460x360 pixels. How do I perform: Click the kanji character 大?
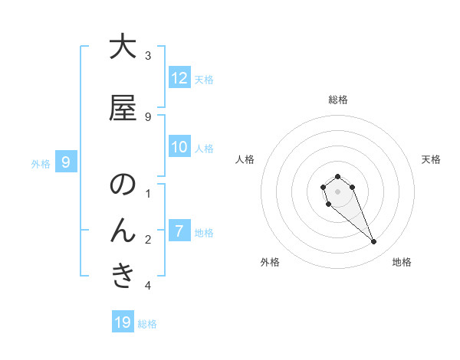[123, 47]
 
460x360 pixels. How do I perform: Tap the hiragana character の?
[123, 185]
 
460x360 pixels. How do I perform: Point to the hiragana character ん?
[123, 230]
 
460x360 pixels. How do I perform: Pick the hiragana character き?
[123, 275]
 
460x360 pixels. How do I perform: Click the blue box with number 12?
[179, 78]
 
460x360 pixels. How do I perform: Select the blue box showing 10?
[179, 147]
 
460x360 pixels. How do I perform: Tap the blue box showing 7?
[179, 230]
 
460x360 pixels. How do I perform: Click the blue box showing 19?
[123, 322]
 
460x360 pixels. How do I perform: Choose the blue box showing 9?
[67, 162]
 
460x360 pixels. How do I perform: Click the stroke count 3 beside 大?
[148, 55]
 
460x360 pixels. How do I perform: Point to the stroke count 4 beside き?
[148, 286]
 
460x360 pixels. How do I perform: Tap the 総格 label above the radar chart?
[337, 100]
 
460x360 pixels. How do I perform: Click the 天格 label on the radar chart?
[431, 159]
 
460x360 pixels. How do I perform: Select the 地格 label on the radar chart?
[402, 262]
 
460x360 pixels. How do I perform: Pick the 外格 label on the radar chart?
[270, 262]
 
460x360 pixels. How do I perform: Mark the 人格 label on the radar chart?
[245, 159]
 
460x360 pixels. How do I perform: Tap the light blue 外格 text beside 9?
[41, 163]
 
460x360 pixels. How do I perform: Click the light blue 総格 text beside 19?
[147, 324]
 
